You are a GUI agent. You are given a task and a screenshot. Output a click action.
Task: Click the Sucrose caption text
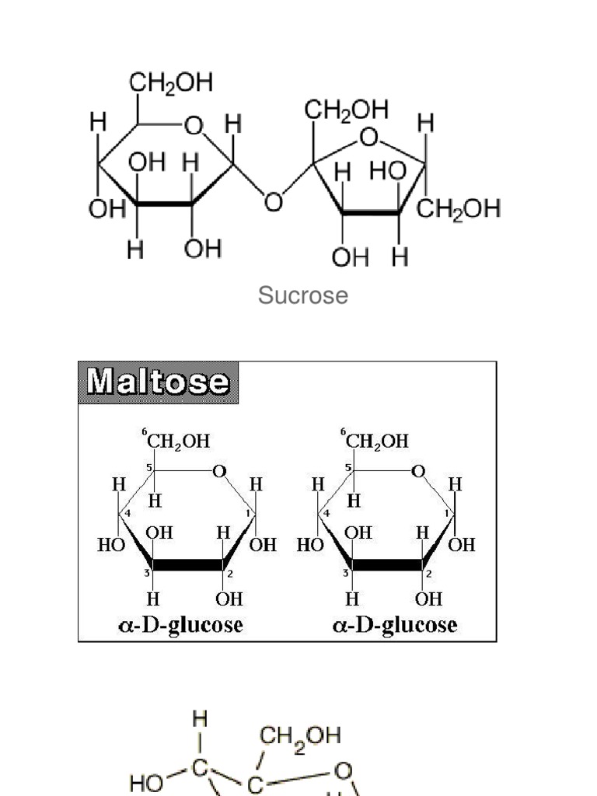(303, 295)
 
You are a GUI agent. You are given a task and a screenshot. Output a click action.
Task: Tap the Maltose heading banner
(159, 382)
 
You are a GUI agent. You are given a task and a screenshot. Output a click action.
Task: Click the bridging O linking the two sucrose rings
(273, 203)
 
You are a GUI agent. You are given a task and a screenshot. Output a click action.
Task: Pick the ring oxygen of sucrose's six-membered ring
(193, 125)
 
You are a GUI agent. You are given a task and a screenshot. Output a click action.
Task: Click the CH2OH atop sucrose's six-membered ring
(171, 84)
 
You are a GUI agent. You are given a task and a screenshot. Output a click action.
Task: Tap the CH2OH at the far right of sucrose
(459, 209)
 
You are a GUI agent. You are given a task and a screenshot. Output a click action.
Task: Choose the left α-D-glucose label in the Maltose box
(180, 625)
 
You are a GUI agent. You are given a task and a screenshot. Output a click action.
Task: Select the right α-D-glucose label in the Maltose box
(395, 625)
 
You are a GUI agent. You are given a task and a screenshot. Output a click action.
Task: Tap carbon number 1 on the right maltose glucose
(447, 514)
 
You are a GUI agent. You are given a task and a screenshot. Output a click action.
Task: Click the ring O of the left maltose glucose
(219, 471)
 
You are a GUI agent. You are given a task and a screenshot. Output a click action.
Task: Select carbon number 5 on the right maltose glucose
(349, 468)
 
